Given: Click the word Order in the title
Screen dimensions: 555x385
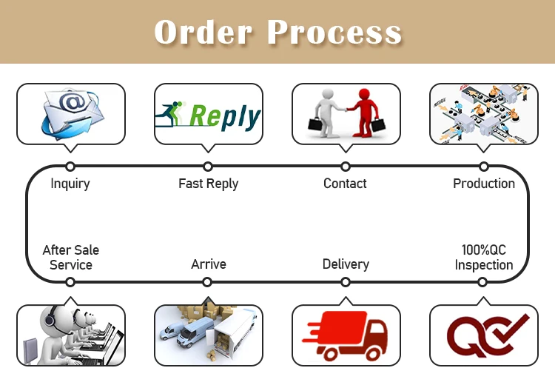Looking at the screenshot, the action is coord(202,32).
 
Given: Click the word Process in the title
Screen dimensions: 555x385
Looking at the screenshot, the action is coord(334,32).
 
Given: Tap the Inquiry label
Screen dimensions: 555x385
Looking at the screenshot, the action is coord(70,184).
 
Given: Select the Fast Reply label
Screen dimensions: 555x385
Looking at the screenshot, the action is coord(208,184).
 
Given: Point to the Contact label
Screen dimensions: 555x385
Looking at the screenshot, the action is coord(345,184).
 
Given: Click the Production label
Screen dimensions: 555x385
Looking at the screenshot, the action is coord(483,184).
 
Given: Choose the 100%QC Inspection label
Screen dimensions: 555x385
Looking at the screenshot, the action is coord(483,257).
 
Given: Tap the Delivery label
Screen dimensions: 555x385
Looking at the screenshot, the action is coord(346,264).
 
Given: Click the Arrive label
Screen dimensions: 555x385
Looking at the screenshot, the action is coord(208,264).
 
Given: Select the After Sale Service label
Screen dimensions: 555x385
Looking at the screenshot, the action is coord(71,257).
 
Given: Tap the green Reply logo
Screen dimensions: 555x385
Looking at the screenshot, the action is coord(208,115).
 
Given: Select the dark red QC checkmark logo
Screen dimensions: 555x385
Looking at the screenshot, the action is coord(485,335).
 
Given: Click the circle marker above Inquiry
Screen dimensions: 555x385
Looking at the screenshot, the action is coord(70,167).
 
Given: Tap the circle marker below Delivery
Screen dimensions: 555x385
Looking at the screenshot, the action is coord(346,282).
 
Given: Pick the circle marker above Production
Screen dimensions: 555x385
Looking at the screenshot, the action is coord(483,167).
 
